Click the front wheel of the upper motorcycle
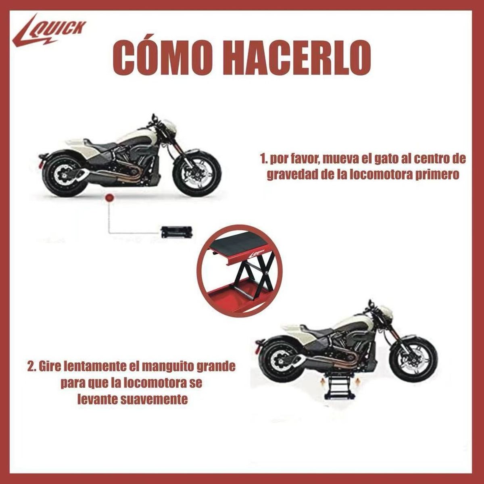(x=197, y=173)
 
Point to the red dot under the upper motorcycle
(x=108, y=198)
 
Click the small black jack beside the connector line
(x=176, y=232)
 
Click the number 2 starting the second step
(x=30, y=367)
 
